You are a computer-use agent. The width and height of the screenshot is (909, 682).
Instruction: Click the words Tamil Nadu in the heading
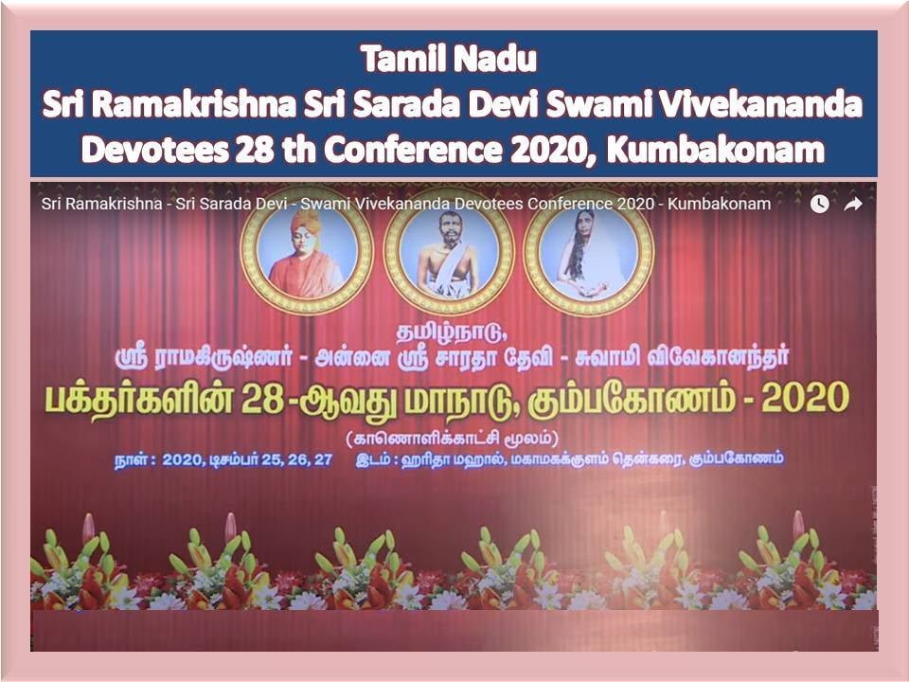click(x=448, y=59)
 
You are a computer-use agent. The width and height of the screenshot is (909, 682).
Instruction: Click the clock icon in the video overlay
click(x=819, y=204)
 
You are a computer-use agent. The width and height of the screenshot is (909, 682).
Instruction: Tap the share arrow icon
click(x=853, y=204)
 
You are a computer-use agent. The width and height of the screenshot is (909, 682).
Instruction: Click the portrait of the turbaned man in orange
click(x=307, y=250)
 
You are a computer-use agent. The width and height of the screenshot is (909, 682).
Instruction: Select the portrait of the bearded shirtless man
click(x=449, y=250)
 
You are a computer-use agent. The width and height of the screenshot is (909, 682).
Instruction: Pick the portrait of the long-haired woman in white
click(x=588, y=250)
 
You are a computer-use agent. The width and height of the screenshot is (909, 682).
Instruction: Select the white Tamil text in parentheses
click(x=453, y=438)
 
